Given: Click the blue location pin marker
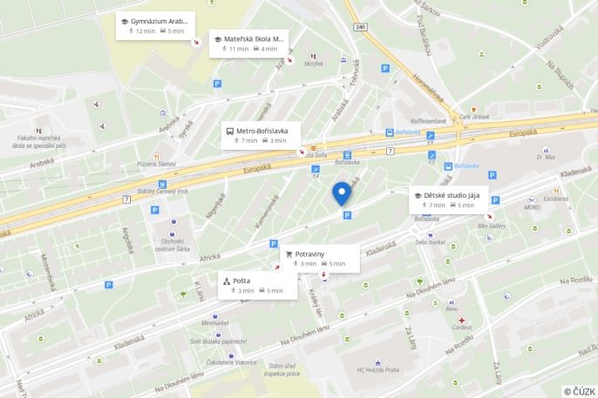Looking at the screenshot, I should tap(342, 193).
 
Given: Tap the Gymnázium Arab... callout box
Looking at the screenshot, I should tap(155, 25).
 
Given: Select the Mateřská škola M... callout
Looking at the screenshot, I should tap(248, 44).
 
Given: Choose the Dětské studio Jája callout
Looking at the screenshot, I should tap(450, 199).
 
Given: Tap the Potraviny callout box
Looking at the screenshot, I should tap(320, 258).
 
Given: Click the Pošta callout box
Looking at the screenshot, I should tap(257, 286).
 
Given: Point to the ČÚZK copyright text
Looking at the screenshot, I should tap(579, 391).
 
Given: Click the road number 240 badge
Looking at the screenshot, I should tap(361, 27).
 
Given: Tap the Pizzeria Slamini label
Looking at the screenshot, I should tap(157, 164).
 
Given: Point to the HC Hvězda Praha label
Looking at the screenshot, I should tap(377, 370).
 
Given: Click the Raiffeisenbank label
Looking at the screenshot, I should tap(428, 121).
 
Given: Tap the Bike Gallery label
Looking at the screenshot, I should tap(491, 226).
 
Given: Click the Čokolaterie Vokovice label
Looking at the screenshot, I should tap(233, 361).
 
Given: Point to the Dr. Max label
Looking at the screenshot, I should tap(546, 157).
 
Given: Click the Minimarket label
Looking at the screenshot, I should tap(214, 323).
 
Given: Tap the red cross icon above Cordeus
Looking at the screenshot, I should tap(462, 320).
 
